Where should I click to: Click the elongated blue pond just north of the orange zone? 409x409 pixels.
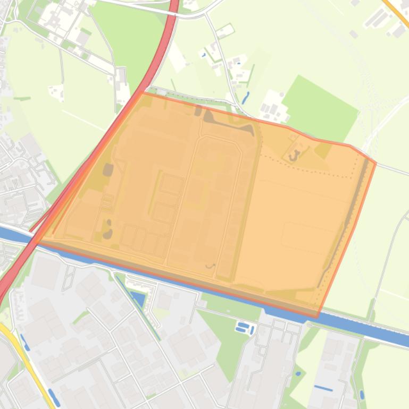tap(245, 98)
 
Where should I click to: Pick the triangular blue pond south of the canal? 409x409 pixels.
tap(138, 299)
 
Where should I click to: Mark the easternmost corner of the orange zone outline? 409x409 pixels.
tap(375, 163)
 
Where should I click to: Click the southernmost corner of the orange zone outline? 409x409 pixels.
tap(318, 317)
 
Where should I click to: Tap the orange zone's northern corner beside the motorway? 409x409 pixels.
tap(143, 93)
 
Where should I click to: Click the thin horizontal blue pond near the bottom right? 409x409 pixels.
tap(323, 388)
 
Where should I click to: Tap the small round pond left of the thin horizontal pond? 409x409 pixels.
tap(298, 373)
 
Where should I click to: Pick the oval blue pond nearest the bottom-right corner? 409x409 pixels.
tap(362, 395)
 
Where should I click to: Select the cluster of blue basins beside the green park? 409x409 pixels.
tap(245, 327)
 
